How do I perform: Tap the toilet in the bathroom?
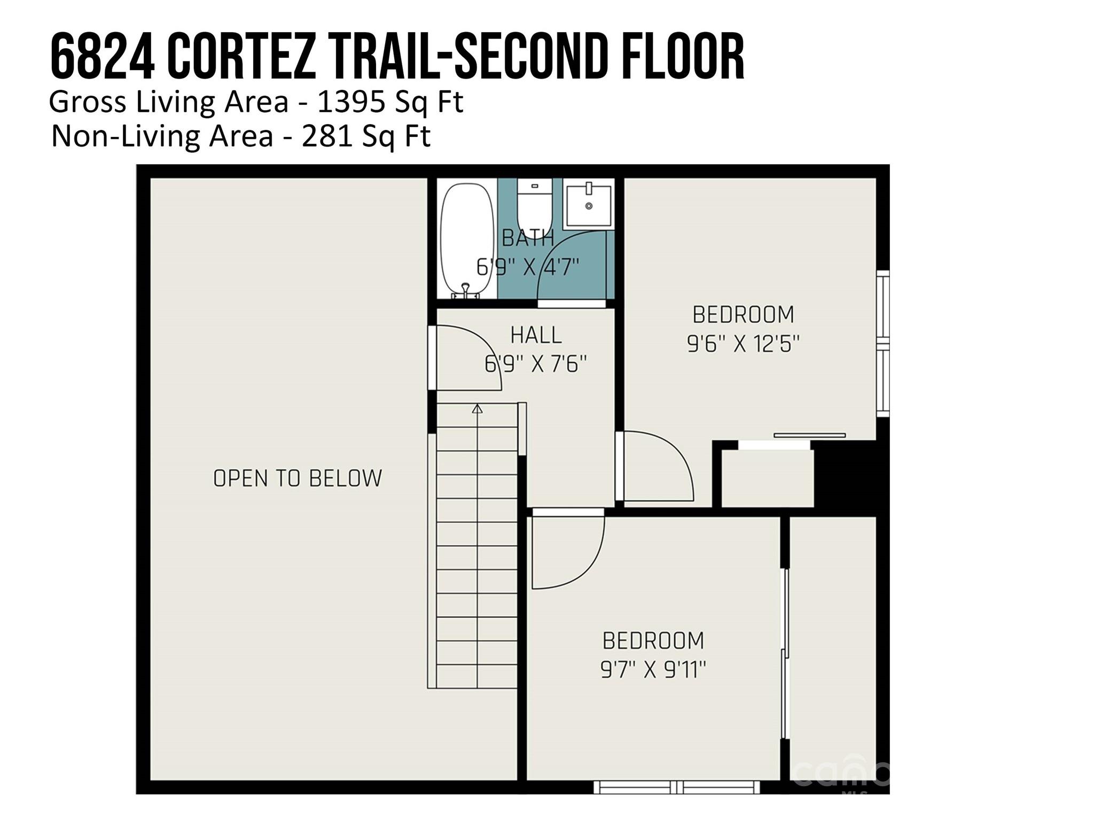534,206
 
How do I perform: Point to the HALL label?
536,335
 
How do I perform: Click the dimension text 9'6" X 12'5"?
743,344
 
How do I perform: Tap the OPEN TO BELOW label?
298,478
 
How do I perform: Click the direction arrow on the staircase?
478,409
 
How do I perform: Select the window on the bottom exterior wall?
677,787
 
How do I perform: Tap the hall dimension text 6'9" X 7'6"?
535,365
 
